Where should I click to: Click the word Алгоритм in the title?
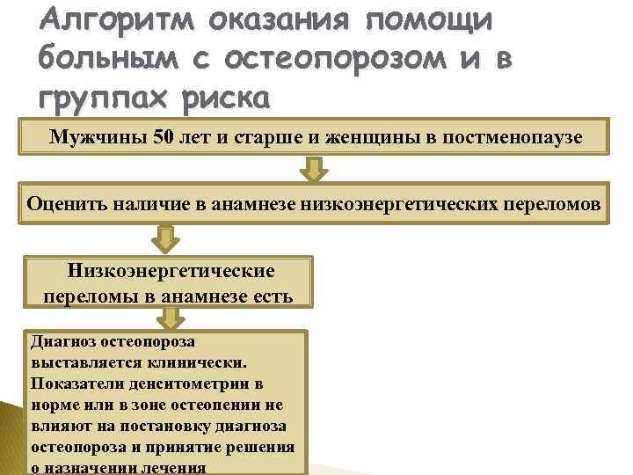[111, 20]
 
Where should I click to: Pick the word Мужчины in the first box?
[96, 136]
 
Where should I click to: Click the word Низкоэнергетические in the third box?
[170, 271]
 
